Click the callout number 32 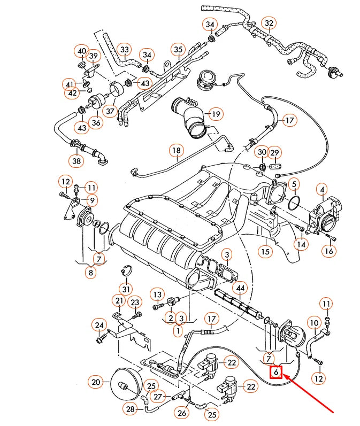[269, 23]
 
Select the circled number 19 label [215, 114]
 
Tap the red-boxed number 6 [276, 371]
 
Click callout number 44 [240, 288]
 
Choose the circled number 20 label [96, 382]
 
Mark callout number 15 [265, 250]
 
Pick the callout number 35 [178, 50]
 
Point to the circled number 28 [131, 409]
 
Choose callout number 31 [126, 289]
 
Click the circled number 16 [328, 251]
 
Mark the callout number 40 [81, 51]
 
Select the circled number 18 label [177, 151]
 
